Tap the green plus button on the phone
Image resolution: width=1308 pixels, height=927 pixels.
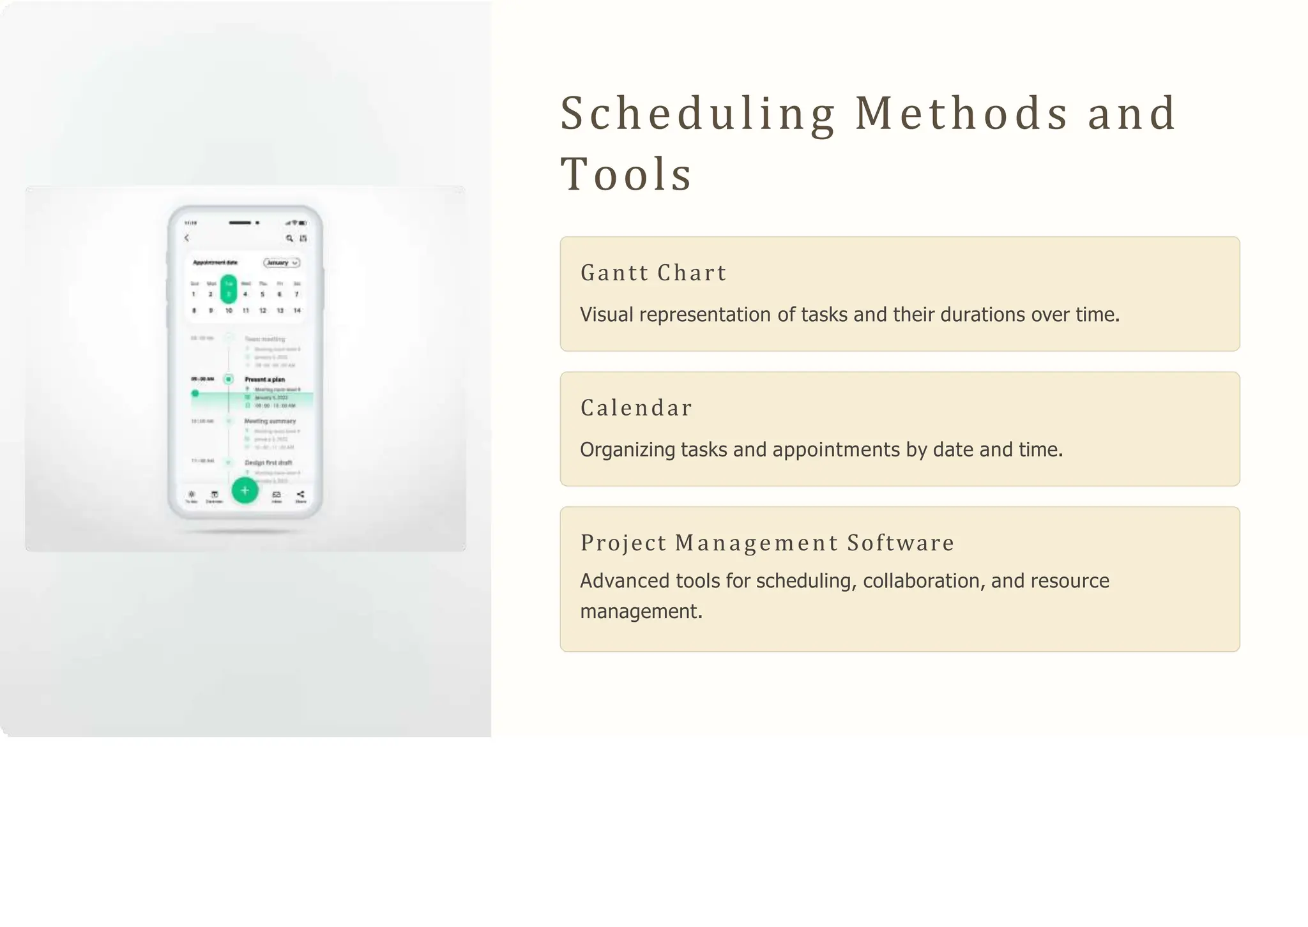245,490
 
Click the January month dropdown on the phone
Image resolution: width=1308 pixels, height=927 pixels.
282,262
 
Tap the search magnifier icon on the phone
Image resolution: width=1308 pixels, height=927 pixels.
289,238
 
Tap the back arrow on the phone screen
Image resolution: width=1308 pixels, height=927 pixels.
186,238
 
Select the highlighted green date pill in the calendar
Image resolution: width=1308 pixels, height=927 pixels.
229,289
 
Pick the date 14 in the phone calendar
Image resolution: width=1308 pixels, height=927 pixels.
297,310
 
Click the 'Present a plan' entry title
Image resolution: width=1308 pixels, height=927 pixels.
264,379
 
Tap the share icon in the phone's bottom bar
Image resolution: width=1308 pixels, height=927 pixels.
300,495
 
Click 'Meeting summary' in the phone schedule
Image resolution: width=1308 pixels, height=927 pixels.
270,421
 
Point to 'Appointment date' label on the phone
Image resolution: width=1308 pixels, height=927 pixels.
215,262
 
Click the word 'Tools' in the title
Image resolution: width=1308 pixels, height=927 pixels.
626,174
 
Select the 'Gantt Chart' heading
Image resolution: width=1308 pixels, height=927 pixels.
653,273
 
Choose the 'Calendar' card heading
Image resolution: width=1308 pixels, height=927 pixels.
636,408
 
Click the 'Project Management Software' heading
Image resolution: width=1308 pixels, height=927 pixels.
767,543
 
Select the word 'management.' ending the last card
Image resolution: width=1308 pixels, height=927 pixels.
641,612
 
